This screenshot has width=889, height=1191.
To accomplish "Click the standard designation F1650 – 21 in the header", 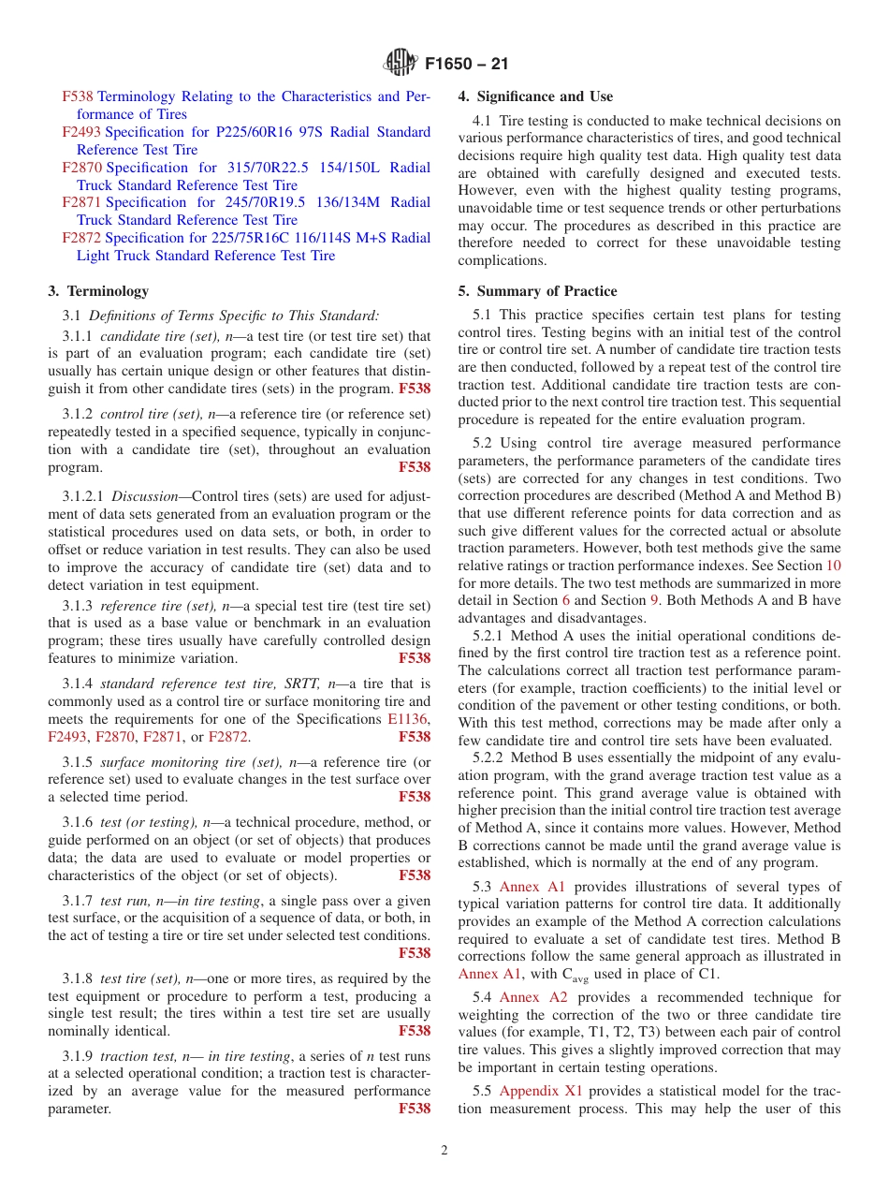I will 466,65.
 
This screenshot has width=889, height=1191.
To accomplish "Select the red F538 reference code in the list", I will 78,96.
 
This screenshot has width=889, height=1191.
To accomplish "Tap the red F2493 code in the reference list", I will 81,132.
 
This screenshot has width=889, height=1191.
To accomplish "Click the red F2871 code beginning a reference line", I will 81,202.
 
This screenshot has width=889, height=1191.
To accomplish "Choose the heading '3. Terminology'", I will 97,291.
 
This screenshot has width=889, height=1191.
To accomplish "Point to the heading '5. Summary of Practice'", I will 537,291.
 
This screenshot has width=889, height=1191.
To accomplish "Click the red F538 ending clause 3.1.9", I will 415,1109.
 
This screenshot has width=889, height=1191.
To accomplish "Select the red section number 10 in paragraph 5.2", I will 833,566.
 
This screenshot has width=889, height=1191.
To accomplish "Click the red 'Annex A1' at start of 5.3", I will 532,887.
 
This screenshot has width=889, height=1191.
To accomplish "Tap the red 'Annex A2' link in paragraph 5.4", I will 532,997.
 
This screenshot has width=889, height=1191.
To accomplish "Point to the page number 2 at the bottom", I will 444,1151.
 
